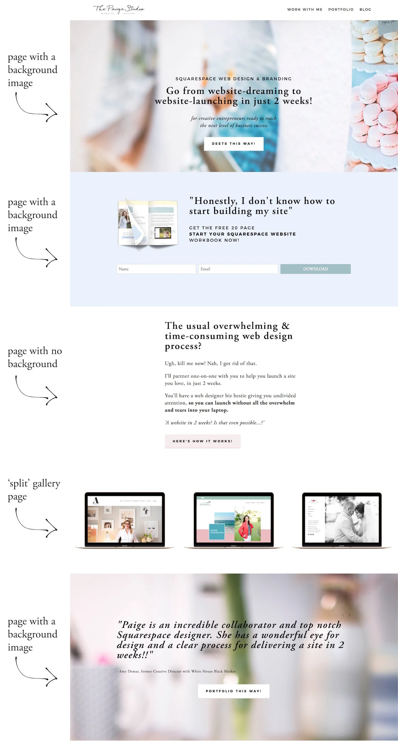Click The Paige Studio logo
tap(119, 9)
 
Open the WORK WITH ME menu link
tap(305, 10)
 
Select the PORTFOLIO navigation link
tap(341, 10)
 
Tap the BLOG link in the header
tap(365, 10)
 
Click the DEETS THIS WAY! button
tap(233, 144)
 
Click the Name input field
tap(156, 269)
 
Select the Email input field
tap(238, 269)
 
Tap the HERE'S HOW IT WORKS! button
tap(202, 441)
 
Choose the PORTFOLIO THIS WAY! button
tap(233, 691)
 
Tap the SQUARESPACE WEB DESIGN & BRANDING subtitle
tap(233, 79)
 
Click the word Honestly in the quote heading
tap(215, 201)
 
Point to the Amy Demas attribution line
tap(176, 671)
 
